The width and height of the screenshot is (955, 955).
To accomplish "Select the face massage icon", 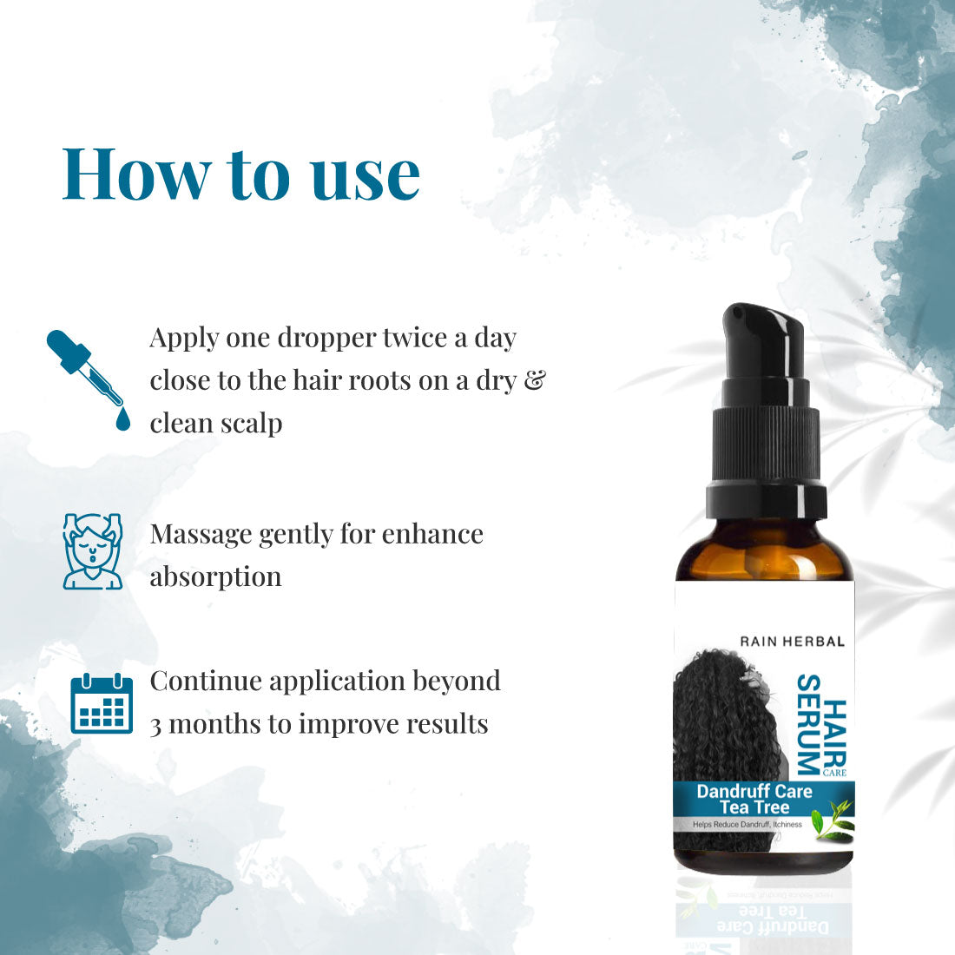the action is [93, 551].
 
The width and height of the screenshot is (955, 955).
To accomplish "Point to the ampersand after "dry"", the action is [535, 380].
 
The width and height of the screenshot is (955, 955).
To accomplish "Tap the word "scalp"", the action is [251, 425].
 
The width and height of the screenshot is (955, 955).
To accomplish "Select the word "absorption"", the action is [215, 577].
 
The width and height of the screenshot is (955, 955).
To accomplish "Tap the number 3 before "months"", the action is [156, 726].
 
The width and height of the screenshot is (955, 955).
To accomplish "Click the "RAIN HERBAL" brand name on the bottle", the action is [793, 642].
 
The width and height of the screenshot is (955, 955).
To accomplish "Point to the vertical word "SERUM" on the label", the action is [809, 725].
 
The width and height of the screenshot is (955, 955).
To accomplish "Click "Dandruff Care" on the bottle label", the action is [754, 791].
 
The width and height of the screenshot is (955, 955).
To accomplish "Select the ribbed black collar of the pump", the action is [767, 445].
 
